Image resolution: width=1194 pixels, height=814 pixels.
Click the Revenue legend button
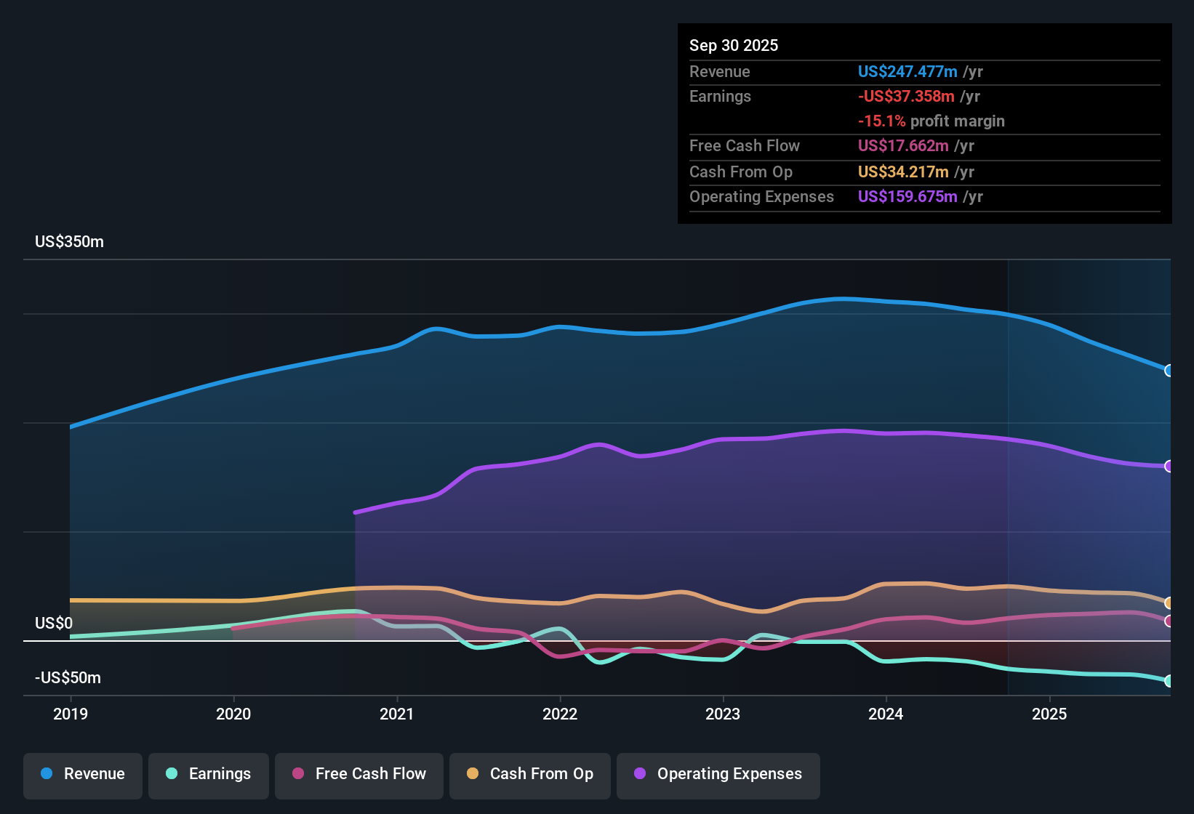[83, 774]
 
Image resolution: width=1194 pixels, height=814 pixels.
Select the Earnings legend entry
[209, 774]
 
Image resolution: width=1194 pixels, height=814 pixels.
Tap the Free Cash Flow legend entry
[359, 774]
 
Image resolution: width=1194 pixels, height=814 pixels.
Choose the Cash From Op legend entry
[530, 774]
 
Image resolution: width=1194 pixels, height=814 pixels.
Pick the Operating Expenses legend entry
[718, 774]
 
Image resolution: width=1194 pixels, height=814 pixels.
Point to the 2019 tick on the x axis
[71, 714]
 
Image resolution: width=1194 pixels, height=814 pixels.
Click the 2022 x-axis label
[560, 714]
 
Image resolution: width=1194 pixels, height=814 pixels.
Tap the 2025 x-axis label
[1049, 714]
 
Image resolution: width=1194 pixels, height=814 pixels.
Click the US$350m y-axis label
[69, 242]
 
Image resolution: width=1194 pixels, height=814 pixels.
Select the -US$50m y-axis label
[68, 678]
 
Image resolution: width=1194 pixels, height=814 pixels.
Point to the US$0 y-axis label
[54, 624]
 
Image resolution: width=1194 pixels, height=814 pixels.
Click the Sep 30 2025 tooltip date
[734, 46]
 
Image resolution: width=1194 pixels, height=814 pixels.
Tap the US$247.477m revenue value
[907, 72]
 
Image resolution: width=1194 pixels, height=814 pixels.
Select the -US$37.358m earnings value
[906, 97]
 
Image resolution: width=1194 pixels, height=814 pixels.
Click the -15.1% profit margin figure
[881, 121]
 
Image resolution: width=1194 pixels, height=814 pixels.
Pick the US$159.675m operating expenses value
[907, 197]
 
